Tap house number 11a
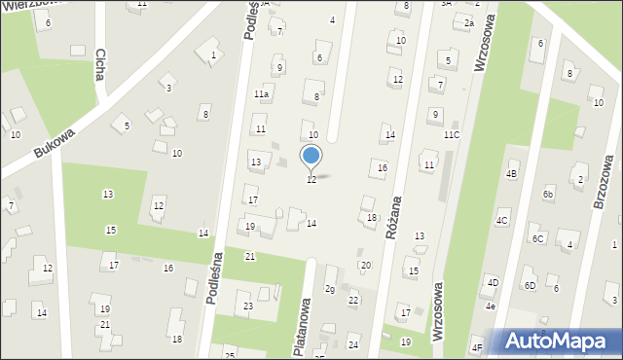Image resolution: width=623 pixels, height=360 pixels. tap(261, 94)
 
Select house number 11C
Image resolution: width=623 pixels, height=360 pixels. tap(452, 134)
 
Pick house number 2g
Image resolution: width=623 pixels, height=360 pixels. tap(330, 290)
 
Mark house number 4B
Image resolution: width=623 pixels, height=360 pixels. tap(512, 174)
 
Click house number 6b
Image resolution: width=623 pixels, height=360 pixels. tap(549, 195)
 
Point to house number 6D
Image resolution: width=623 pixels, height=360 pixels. tap(530, 286)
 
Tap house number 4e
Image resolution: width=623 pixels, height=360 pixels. tap(492, 306)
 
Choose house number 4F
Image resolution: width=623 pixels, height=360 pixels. tap(477, 347)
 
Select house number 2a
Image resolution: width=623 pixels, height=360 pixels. tap(468, 23)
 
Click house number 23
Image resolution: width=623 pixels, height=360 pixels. tap(248, 307)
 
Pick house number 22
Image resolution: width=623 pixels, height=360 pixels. tap(353, 301)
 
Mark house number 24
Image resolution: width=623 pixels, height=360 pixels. tap(353, 345)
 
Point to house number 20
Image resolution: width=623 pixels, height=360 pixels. tap(366, 266)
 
